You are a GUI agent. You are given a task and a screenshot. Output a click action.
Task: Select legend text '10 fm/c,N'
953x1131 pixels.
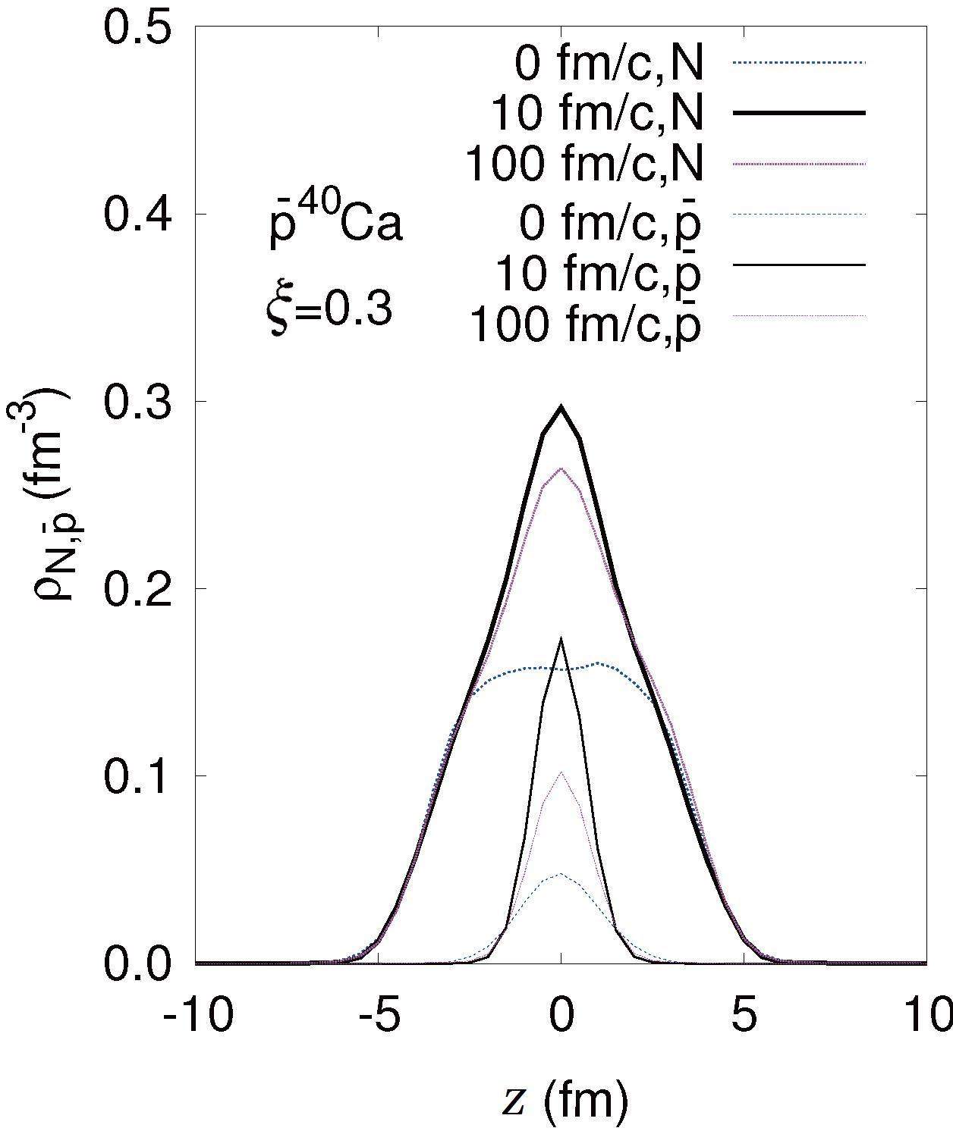(x=597, y=113)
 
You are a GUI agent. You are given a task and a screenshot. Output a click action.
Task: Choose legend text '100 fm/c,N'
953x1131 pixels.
(x=585, y=164)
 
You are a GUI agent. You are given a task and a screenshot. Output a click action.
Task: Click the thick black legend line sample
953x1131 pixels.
(x=800, y=113)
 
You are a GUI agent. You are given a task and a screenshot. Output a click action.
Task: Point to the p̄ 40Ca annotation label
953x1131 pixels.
(x=335, y=224)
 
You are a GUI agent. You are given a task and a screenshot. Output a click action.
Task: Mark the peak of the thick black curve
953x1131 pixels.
(x=561, y=406)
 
